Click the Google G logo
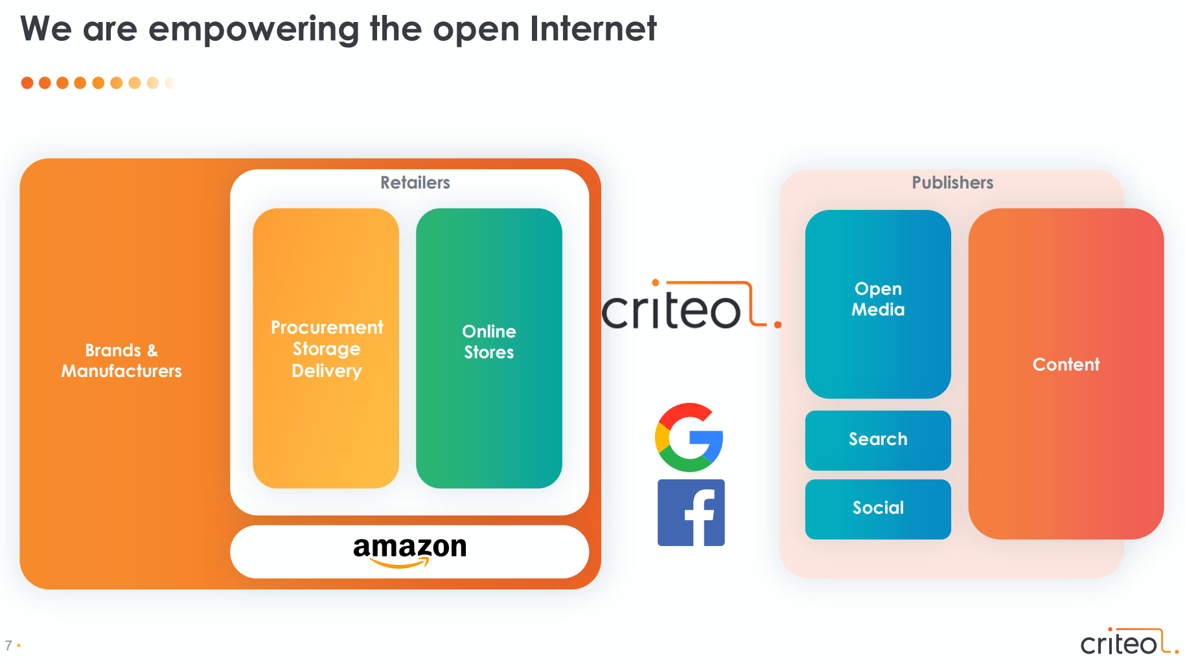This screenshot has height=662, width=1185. click(689, 437)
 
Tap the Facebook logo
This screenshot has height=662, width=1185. click(691, 512)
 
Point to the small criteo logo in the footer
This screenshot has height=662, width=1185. click(1128, 642)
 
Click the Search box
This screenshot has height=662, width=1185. click(877, 440)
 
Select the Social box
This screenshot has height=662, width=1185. click(877, 508)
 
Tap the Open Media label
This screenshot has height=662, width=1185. click(877, 299)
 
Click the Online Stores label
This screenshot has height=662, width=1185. click(489, 342)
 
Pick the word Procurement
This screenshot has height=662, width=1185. click(327, 328)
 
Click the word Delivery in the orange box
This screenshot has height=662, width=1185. click(327, 371)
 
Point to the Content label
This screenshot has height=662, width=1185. click(1065, 365)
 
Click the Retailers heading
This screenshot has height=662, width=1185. click(415, 183)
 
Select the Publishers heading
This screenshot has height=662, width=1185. click(952, 183)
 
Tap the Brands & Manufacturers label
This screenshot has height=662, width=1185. click(122, 361)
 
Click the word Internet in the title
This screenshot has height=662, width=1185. click(592, 29)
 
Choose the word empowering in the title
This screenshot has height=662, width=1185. click(253, 30)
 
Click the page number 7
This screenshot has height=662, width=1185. click(8, 645)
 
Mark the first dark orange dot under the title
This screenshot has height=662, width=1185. click(27, 83)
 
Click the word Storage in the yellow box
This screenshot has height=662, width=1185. click(327, 349)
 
